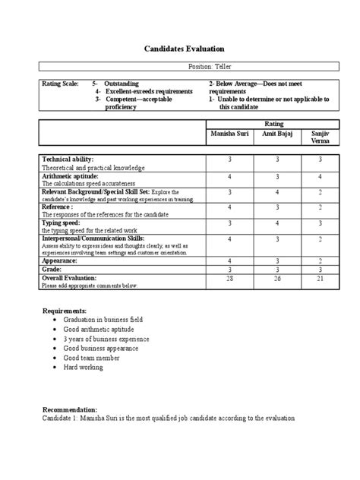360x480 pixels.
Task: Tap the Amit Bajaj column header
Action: pos(278,133)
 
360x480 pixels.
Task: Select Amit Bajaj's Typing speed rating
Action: pos(278,223)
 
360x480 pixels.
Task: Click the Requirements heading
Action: pos(64,311)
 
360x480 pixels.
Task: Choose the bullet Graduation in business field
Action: pos(104,320)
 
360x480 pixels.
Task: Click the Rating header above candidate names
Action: pos(274,122)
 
